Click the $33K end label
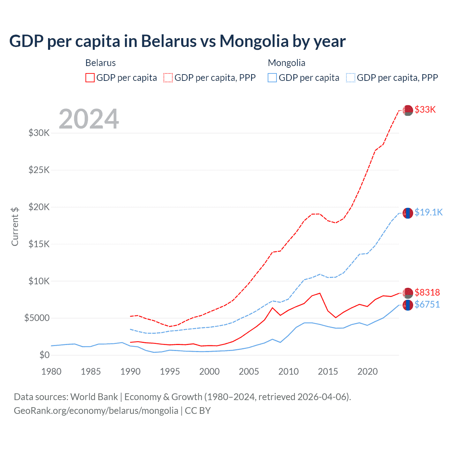(425, 110)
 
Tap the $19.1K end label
(428, 212)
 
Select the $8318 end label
(427, 292)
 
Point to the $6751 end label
(427, 304)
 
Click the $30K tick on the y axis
(39, 133)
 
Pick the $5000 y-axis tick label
(37, 318)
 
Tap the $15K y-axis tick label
(39, 244)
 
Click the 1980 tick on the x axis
(51, 371)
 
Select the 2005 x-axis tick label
(249, 371)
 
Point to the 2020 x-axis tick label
(368, 371)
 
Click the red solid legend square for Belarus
(90, 78)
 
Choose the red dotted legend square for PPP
(168, 78)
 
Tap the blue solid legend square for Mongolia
(272, 78)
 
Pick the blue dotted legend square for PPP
(351, 78)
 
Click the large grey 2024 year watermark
(89, 119)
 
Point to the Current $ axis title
(15, 227)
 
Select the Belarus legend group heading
(101, 63)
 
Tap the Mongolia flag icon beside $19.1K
(408, 213)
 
